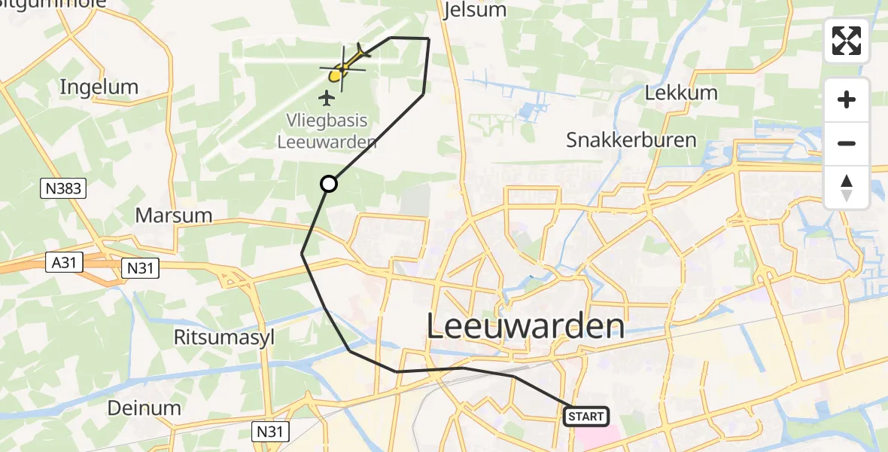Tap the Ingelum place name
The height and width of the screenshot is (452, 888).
tap(99, 87)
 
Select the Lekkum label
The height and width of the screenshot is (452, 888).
tap(682, 93)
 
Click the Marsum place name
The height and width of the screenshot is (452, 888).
tap(173, 215)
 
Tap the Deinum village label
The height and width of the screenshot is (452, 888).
tap(144, 408)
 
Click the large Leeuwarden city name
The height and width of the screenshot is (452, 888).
tap(525, 327)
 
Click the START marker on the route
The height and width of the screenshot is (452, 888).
tap(585, 416)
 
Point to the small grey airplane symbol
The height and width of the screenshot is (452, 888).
tap(327, 97)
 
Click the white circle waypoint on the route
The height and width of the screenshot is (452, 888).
tap(329, 184)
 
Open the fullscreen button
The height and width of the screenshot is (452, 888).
tap(847, 41)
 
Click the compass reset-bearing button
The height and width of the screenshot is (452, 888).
tap(847, 188)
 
